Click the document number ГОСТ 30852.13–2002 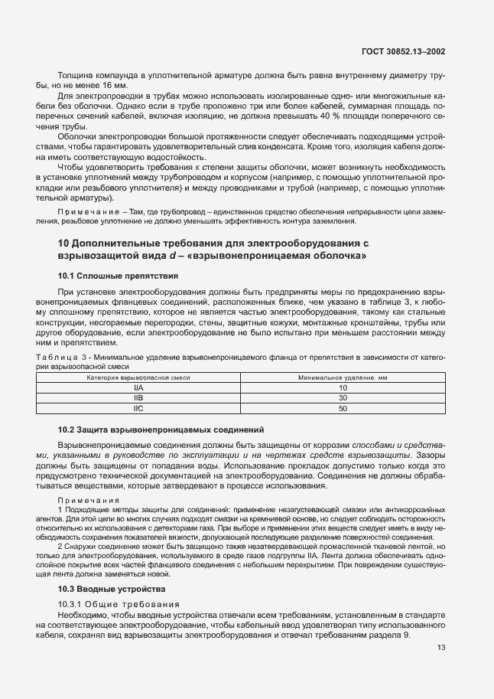[404, 51]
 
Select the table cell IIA [138, 388]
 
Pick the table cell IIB [138, 398]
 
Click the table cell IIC [138, 409]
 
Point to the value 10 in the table [342, 388]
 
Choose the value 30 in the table [342, 398]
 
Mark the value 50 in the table [342, 409]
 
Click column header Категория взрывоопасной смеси [138, 378]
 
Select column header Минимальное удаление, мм [342, 378]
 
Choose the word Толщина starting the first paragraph [76, 75]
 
